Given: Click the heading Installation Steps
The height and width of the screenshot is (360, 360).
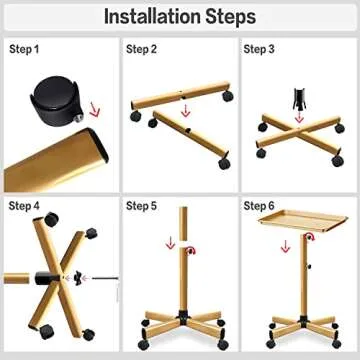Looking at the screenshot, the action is [180, 16].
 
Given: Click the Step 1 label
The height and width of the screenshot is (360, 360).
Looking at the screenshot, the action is [24, 49].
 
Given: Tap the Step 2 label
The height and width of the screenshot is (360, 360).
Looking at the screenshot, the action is [141, 49].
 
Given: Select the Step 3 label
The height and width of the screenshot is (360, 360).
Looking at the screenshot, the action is [259, 49].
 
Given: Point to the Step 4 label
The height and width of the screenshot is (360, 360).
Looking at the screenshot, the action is [24, 206].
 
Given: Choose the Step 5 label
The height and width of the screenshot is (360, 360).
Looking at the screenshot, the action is [141, 206].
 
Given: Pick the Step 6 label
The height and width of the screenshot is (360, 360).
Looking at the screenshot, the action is [259, 206].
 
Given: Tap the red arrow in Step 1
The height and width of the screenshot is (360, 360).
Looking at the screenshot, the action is [95, 110].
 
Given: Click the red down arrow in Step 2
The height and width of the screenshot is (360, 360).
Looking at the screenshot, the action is [186, 110].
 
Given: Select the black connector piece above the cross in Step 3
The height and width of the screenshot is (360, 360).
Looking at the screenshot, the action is [299, 99].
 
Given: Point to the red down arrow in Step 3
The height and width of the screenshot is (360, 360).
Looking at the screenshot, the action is [299, 117].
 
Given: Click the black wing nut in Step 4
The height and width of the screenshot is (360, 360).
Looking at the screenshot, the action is [78, 278].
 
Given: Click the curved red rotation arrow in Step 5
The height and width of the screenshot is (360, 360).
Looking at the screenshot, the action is [191, 251].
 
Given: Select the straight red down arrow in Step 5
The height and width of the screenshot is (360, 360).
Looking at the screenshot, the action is [170, 243].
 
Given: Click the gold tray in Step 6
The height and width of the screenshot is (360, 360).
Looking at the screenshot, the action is [303, 220].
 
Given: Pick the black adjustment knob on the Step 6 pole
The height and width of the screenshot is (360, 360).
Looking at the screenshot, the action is [309, 266].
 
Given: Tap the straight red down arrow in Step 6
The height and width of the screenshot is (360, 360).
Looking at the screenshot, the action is [285, 246].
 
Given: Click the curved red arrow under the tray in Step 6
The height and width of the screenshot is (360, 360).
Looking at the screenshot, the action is [310, 236].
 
